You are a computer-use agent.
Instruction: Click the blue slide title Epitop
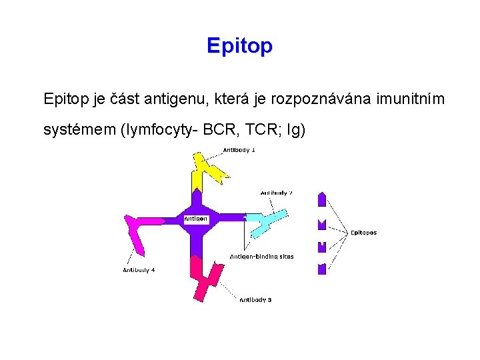(x=239, y=46)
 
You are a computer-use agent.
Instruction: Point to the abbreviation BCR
(x=210, y=129)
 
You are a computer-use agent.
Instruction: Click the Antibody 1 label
(x=239, y=150)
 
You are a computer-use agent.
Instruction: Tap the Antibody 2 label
(x=276, y=193)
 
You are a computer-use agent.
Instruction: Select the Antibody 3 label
(x=255, y=300)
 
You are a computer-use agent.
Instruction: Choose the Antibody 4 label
(x=139, y=270)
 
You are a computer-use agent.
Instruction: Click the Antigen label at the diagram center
(x=196, y=219)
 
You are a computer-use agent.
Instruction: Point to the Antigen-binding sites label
(x=261, y=256)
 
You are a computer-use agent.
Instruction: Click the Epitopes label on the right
(x=363, y=233)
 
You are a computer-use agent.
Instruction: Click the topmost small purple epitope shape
(x=322, y=199)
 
